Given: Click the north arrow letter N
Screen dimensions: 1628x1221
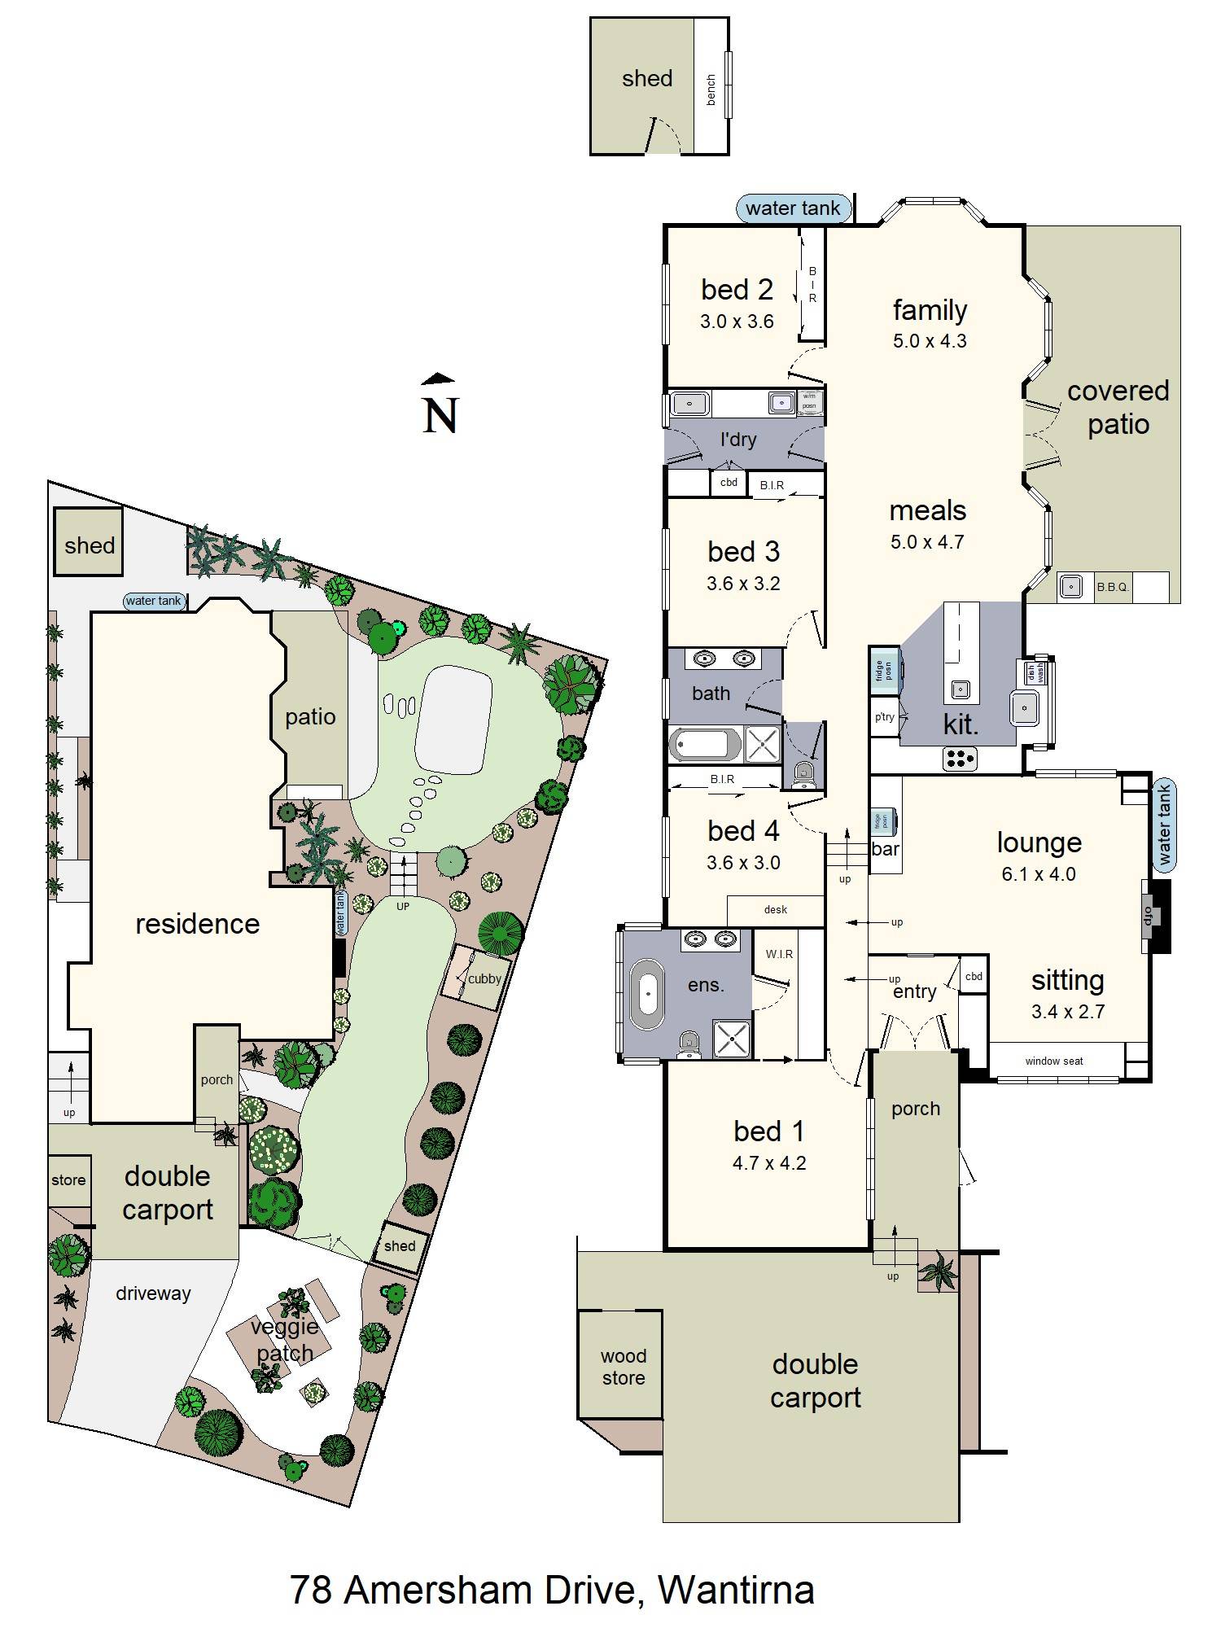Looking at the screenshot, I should (x=440, y=415).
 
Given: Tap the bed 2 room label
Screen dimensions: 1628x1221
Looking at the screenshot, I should (x=737, y=290).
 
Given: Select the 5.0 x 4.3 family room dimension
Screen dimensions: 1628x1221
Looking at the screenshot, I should (x=930, y=341).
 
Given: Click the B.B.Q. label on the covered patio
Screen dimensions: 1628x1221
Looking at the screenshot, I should (x=1113, y=586).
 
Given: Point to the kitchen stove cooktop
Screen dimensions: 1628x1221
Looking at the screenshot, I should (x=960, y=759).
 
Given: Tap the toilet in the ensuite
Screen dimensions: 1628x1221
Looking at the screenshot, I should (x=689, y=1042).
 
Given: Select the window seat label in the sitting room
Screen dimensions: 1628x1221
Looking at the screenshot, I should (x=1054, y=1061).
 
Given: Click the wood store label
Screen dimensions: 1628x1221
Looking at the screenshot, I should (x=624, y=1367).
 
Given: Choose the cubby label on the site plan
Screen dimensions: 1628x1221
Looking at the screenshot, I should (x=484, y=978).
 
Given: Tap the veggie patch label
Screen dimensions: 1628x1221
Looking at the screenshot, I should (x=284, y=1340).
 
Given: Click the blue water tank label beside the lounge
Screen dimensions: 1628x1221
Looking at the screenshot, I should (x=1164, y=824).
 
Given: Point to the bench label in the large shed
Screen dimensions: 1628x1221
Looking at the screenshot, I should (x=711, y=90).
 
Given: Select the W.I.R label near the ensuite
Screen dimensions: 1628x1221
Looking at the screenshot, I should (x=779, y=954).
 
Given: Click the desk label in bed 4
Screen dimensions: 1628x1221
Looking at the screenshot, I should (x=776, y=909).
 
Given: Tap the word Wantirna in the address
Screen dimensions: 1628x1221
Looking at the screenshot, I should (x=736, y=1590).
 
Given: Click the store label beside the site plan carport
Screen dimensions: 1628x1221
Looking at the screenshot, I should (x=68, y=1179).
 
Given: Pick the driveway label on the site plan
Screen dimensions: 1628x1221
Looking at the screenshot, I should (x=153, y=1293).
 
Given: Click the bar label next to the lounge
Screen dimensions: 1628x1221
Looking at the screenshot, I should (x=885, y=849).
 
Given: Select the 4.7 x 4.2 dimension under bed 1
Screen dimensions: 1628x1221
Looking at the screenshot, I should (x=769, y=1163).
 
